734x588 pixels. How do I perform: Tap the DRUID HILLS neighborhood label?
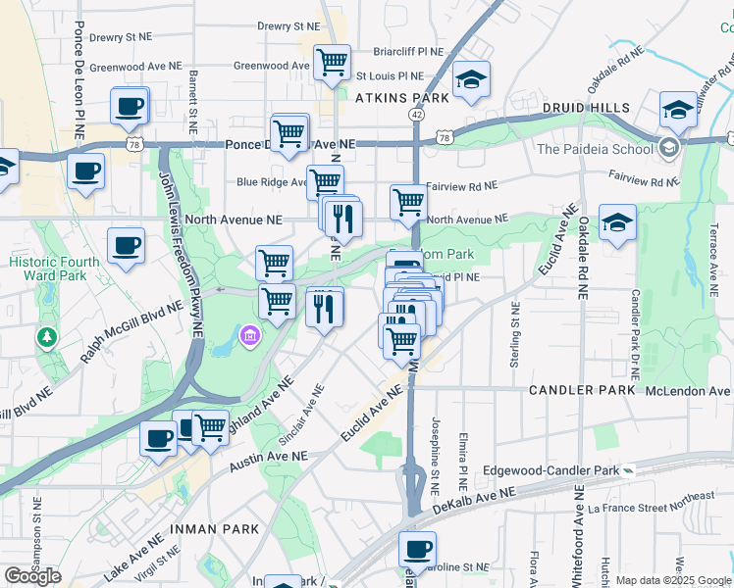pyautogui.click(x=585, y=106)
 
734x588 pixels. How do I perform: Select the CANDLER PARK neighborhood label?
pyautogui.click(x=583, y=390)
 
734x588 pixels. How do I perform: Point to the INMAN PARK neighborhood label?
pyautogui.click(x=215, y=529)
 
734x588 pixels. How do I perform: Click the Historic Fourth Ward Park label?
pyautogui.click(x=54, y=270)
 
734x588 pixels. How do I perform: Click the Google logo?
pyautogui.click(x=32, y=576)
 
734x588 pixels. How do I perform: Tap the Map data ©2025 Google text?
pyautogui.click(x=673, y=581)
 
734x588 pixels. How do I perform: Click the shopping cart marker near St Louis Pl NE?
pyautogui.click(x=332, y=63)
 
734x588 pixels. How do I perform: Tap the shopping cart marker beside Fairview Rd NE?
pyautogui.click(x=408, y=203)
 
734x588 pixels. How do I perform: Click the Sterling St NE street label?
pyautogui.click(x=514, y=334)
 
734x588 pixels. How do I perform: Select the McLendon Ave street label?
pyautogui.click(x=682, y=391)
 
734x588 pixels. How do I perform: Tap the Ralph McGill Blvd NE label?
pyautogui.click(x=131, y=333)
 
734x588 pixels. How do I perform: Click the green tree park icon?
pyautogui.click(x=46, y=338)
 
